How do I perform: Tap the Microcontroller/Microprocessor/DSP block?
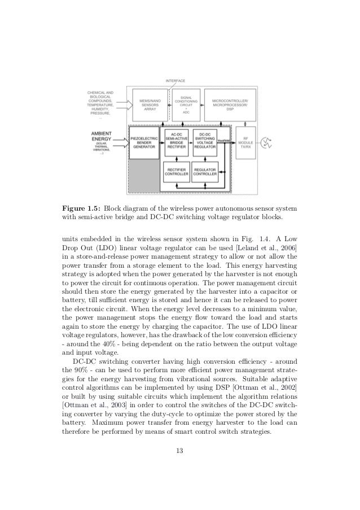[230, 104]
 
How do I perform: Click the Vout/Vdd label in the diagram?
[222, 140]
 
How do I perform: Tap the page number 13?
[179, 450]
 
